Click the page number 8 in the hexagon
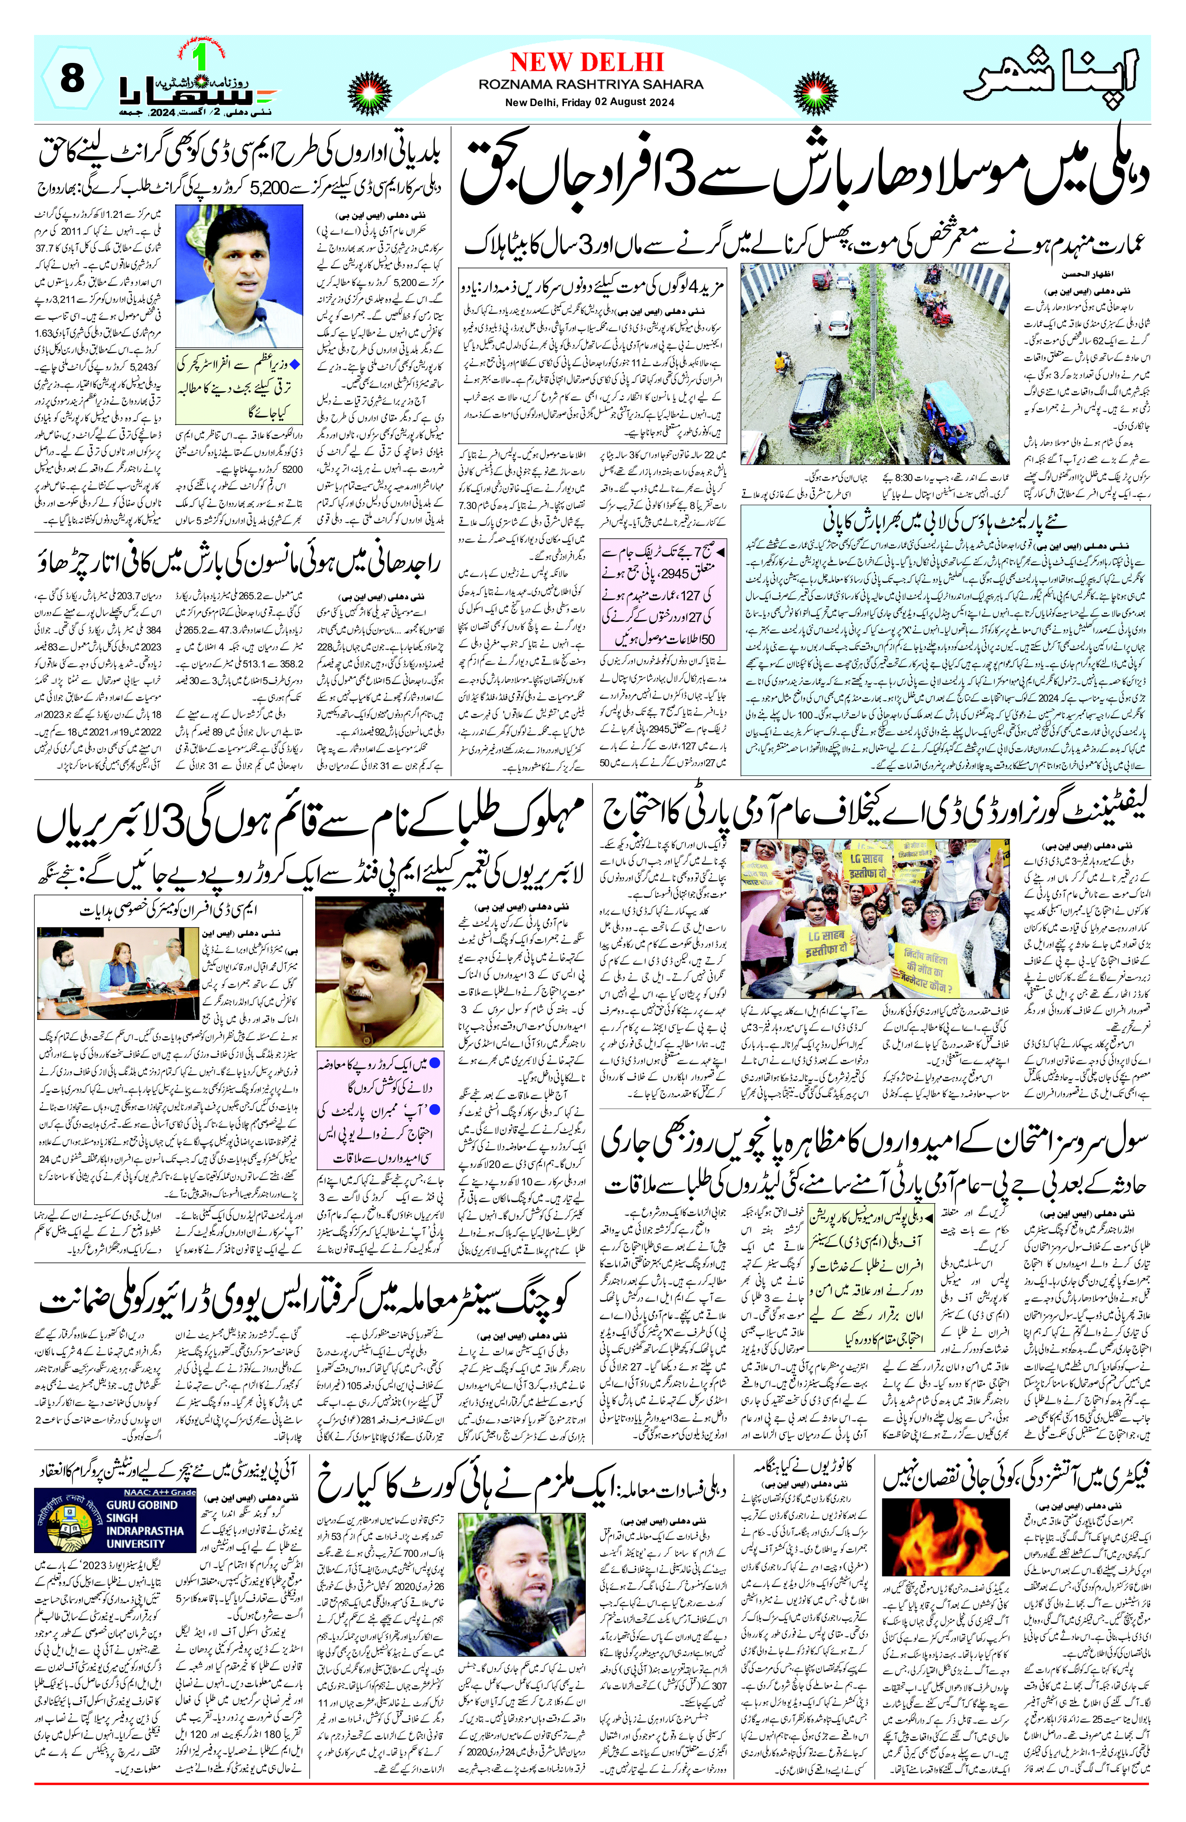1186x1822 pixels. click(71, 79)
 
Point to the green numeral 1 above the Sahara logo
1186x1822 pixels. click(201, 58)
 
